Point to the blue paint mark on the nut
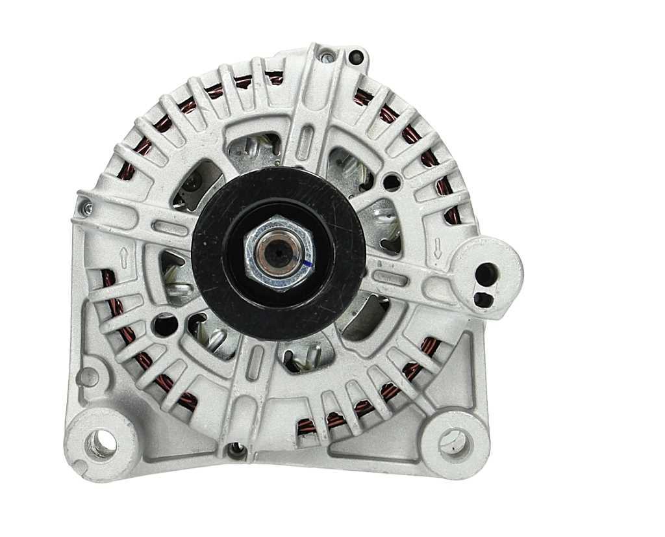pos(307,263)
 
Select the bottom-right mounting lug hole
pos(452,444)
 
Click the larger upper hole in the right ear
pos(486,274)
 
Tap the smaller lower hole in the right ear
pos(482,299)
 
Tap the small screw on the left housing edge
pos(86,208)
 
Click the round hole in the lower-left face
pos(164,324)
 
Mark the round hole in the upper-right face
pos(392,181)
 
